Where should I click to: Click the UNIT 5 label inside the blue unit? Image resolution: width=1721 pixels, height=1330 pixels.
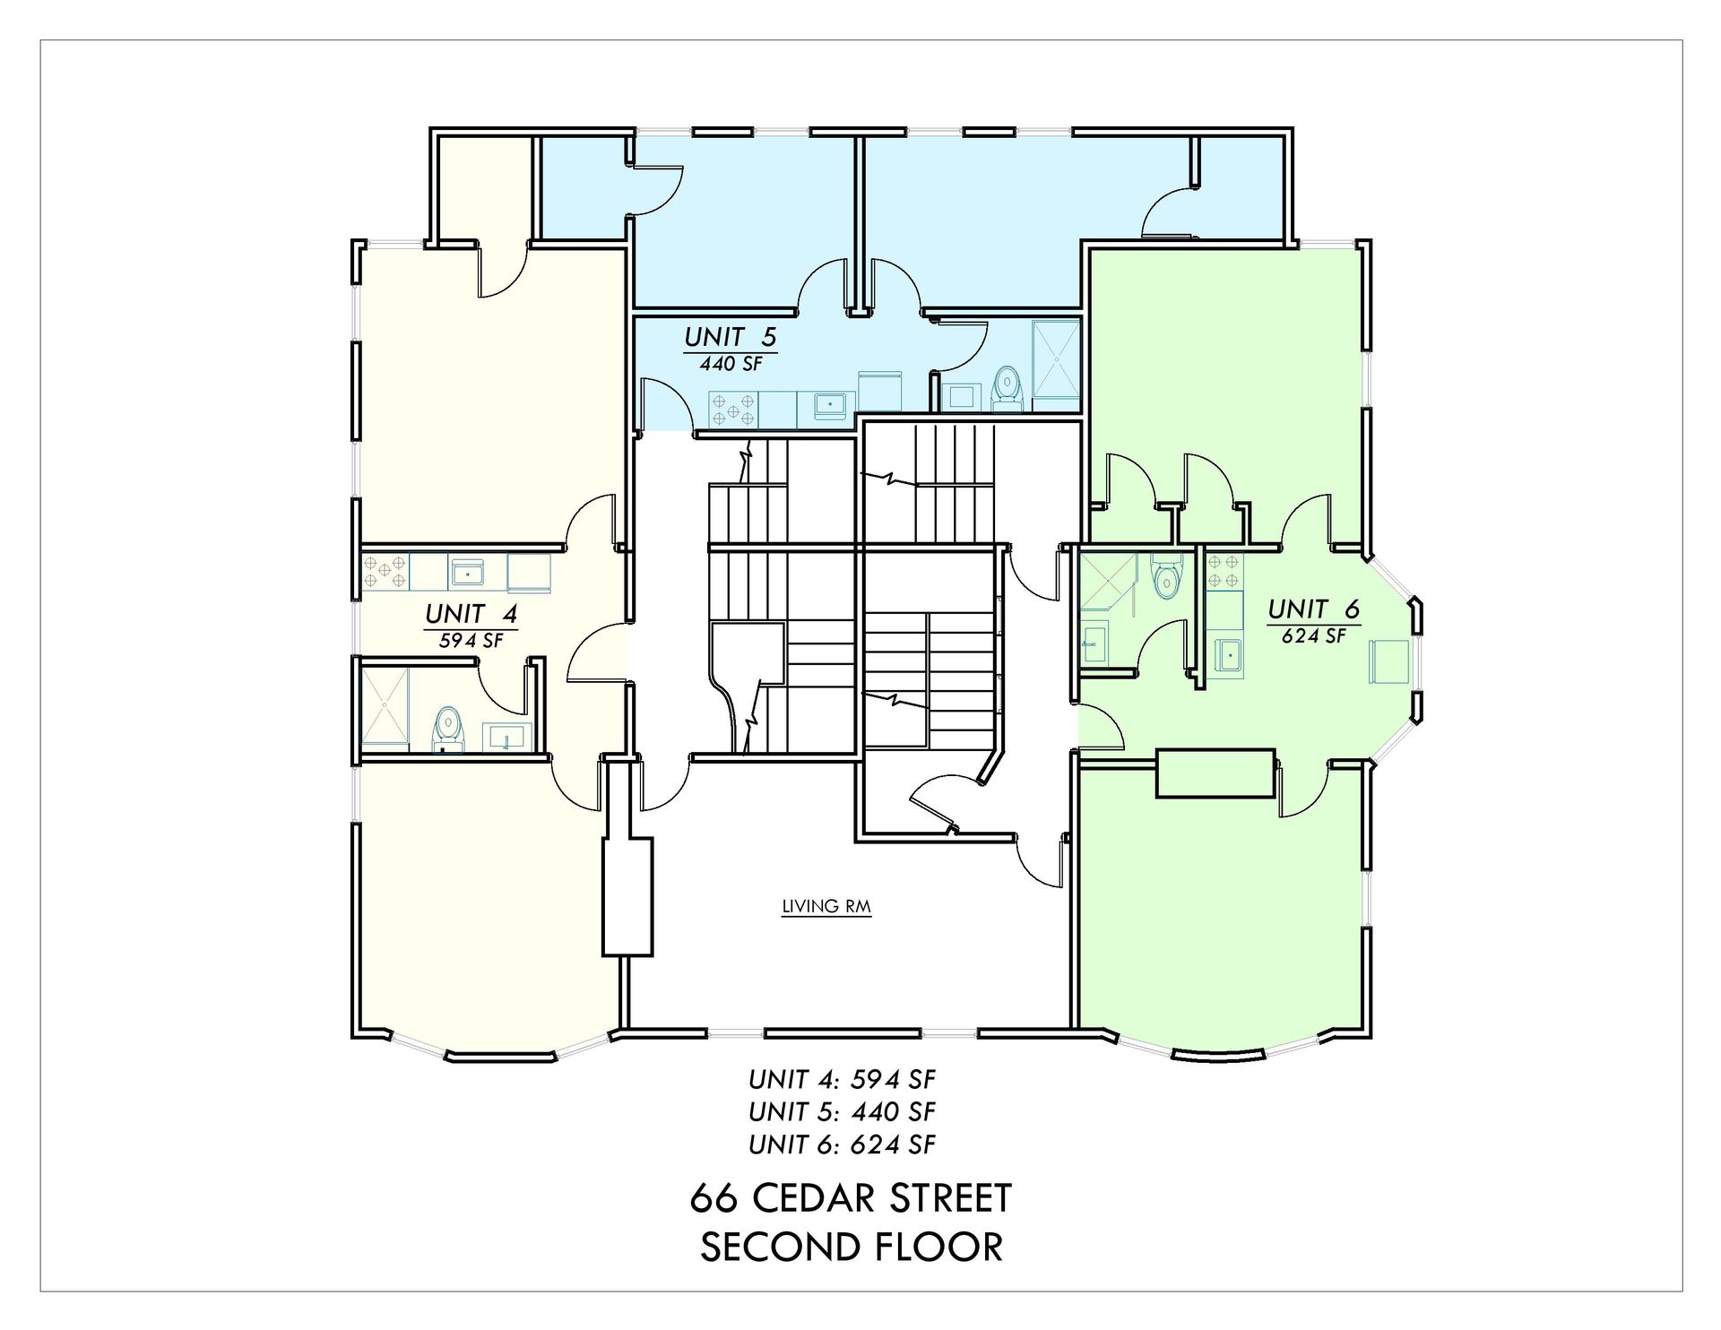tap(730, 337)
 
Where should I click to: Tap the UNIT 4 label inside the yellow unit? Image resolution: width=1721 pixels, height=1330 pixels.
tap(471, 614)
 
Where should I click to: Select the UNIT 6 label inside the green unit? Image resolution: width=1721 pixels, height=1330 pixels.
tap(1313, 609)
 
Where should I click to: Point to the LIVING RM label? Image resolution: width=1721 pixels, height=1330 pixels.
tap(826, 906)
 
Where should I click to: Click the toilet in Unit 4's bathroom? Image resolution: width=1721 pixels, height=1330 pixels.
tap(447, 728)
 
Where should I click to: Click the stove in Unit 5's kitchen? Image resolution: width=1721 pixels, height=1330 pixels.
tap(733, 410)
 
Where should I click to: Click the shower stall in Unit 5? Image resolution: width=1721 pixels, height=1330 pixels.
tap(1057, 365)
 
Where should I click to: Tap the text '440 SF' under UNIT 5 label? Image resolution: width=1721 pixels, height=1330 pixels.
tap(730, 364)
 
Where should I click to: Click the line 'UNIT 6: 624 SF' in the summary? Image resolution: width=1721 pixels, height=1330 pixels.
tap(843, 1144)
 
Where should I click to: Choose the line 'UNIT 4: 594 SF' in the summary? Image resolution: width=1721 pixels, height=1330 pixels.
tap(843, 1079)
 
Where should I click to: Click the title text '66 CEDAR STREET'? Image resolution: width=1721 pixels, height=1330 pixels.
tap(851, 1198)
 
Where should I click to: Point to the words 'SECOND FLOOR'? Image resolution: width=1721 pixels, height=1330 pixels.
tap(851, 1247)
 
